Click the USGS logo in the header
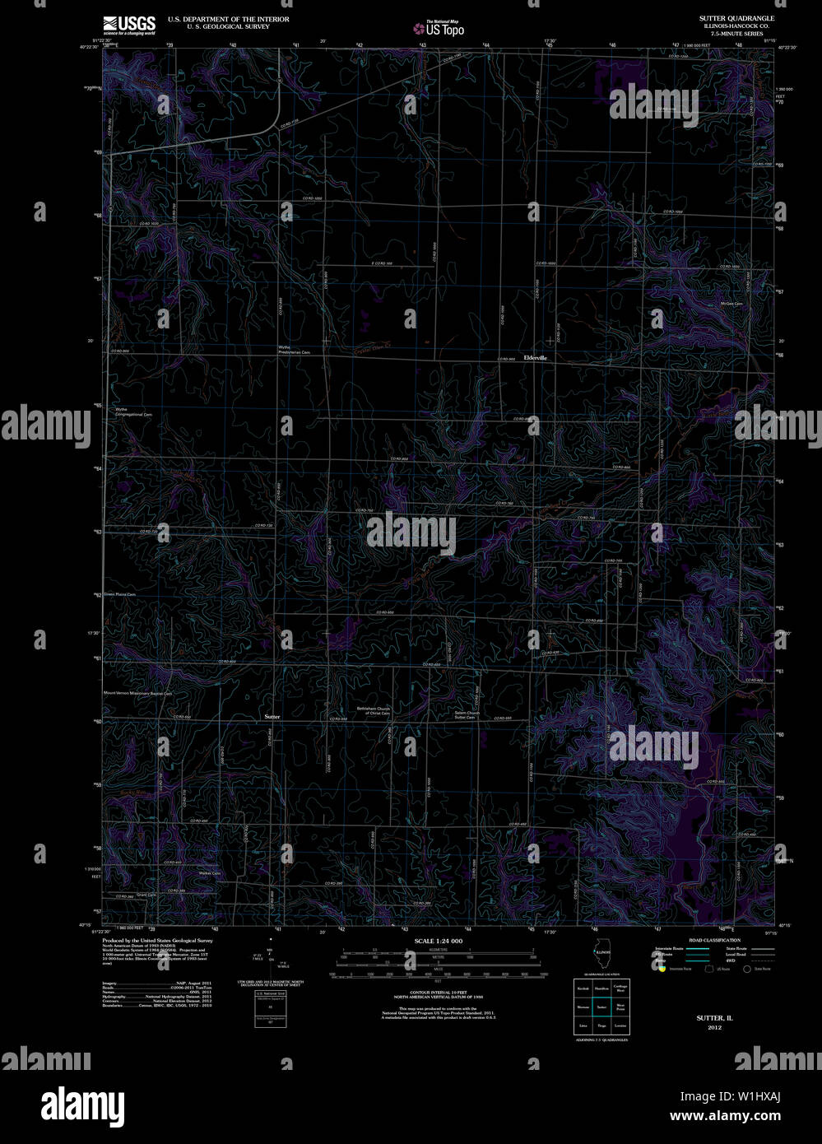tap(128, 24)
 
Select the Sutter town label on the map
tap(272, 716)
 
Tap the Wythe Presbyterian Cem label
tap(294, 351)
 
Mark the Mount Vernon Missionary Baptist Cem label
tap(137, 694)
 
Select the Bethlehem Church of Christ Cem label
tap(373, 710)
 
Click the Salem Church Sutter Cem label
tap(466, 715)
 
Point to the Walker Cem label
tap(210, 873)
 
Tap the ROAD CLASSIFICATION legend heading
tap(714, 940)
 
